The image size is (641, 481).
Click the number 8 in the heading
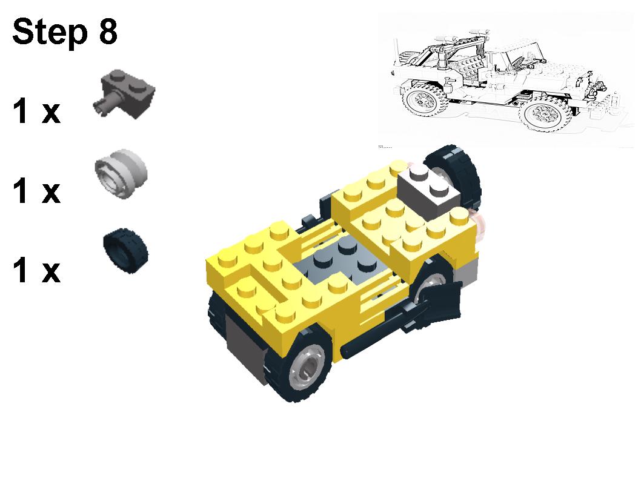(105, 32)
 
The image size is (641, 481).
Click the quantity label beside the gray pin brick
(36, 112)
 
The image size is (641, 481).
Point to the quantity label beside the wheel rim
(36, 191)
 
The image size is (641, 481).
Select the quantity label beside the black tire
(36, 270)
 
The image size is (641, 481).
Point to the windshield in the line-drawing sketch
(515, 61)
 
